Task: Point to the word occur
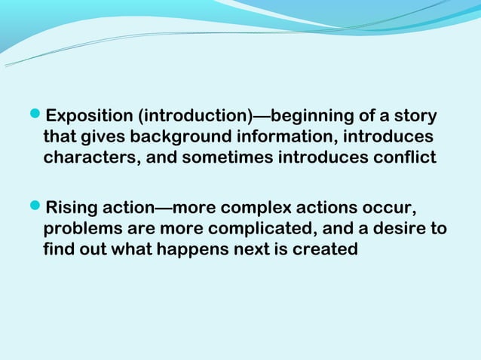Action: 388,207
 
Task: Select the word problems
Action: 78,228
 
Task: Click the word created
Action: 327,249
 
